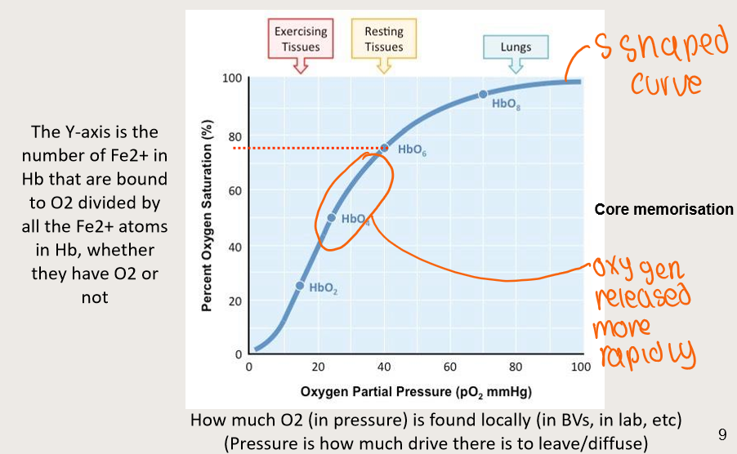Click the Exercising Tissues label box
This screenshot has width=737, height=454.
pos(300,38)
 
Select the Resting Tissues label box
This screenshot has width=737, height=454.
pos(383,38)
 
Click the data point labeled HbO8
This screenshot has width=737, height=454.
pos(483,95)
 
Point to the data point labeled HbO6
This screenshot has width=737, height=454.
pos(384,148)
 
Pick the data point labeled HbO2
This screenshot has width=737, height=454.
pos(300,286)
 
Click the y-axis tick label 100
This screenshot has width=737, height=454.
pos(231,79)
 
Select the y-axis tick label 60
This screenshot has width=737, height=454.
pos(234,190)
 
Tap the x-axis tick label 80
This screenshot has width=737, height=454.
pos(516,367)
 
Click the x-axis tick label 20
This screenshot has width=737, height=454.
pos(316,367)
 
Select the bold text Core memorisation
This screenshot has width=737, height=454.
pos(663,210)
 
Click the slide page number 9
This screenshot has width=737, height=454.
pos(721,434)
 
